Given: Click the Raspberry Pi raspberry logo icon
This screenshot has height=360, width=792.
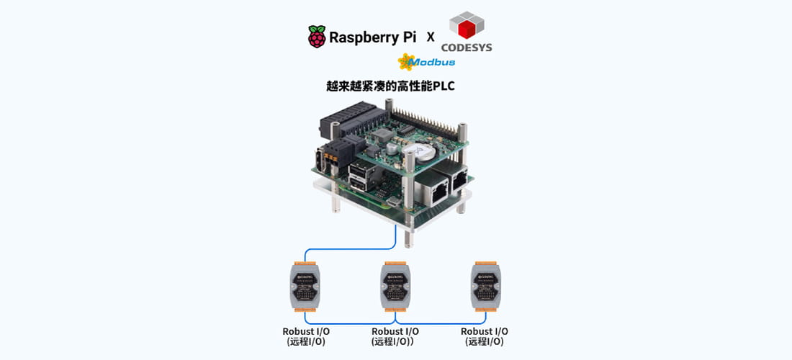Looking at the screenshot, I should (316, 37).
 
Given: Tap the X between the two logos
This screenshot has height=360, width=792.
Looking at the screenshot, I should (431, 37).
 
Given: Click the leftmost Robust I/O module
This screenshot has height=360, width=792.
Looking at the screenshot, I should (305, 287).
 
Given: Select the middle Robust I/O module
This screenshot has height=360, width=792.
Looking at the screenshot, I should (395, 287).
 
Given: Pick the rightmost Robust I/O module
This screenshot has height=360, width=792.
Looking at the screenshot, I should (485, 287).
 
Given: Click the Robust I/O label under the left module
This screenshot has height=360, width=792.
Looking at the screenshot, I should (305, 331).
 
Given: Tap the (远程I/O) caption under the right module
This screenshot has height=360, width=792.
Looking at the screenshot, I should (485, 342).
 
